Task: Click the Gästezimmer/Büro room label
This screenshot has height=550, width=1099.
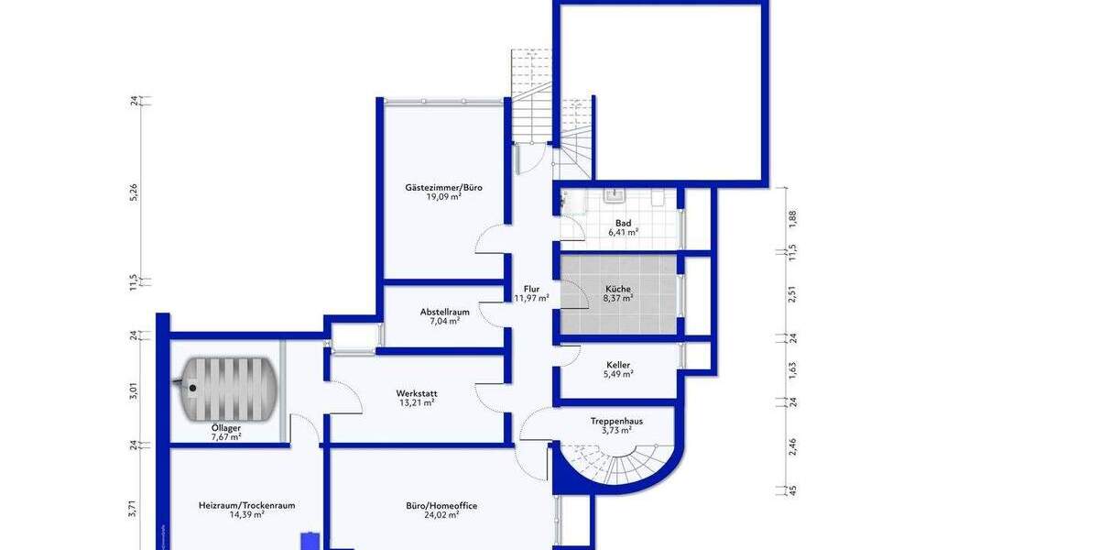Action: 443,187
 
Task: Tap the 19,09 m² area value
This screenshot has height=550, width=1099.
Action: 443,196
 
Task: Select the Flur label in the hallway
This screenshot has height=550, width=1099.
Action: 531,287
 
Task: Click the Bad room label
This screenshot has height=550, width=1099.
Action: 623,223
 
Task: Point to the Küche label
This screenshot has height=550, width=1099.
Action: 618,288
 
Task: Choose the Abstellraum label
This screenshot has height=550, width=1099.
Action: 444,312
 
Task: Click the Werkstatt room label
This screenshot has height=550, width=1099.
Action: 416,392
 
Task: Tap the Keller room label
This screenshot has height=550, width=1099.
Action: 618,365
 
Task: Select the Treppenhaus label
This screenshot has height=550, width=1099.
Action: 616,421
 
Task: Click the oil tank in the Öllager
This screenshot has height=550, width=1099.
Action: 228,386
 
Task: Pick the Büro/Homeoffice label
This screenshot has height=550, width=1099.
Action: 441,505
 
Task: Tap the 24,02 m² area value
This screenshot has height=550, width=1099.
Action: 441,515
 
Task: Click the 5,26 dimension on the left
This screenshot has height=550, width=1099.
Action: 134,192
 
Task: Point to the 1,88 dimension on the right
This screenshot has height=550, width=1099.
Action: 793,218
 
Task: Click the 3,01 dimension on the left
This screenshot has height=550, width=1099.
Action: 134,391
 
